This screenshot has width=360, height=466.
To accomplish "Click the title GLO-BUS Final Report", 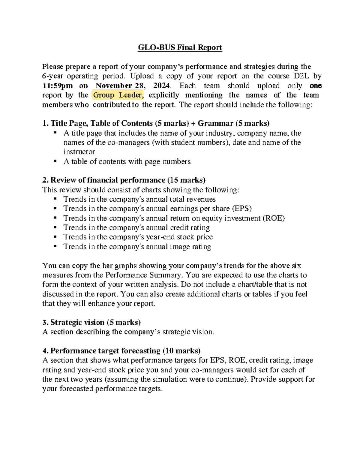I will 180,48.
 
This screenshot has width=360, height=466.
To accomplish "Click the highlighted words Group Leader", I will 117,95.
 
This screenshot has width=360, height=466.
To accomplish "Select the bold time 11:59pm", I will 57,86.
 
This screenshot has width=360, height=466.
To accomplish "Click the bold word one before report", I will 315,86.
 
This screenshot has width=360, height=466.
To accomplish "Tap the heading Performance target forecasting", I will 105,351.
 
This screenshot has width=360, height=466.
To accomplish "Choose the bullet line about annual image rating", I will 137,247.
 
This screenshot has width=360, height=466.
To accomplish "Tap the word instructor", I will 79,152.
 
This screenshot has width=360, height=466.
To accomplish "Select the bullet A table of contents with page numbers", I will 127,162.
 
